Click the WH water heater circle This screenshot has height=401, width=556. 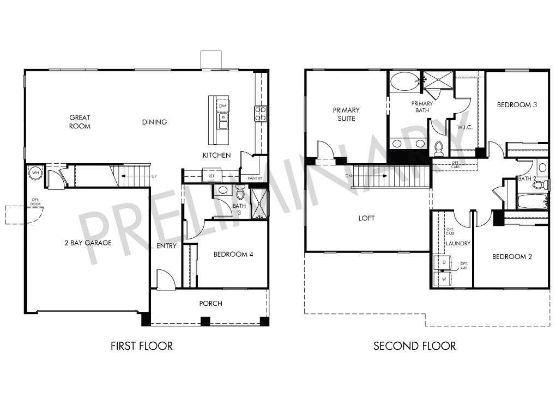[x=35, y=172]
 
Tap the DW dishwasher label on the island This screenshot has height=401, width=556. [x=222, y=106]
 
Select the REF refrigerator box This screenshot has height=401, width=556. [x=211, y=176]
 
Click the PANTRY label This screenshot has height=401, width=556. [x=255, y=178]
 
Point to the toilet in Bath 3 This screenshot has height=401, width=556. [x=240, y=193]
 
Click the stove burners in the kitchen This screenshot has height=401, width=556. [x=261, y=114]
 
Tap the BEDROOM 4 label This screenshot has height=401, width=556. [x=233, y=254]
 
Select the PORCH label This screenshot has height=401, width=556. [x=210, y=303]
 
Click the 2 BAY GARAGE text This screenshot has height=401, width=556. [x=88, y=243]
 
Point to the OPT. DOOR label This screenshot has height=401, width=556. [x=35, y=202]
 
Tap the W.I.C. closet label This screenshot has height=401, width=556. [x=465, y=127]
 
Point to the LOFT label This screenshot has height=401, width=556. [x=366, y=218]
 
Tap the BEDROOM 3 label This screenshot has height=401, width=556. [x=517, y=105]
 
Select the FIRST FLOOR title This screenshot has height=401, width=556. [x=142, y=346]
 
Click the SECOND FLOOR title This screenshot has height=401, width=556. [x=414, y=346]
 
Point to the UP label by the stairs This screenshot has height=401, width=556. [x=154, y=176]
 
